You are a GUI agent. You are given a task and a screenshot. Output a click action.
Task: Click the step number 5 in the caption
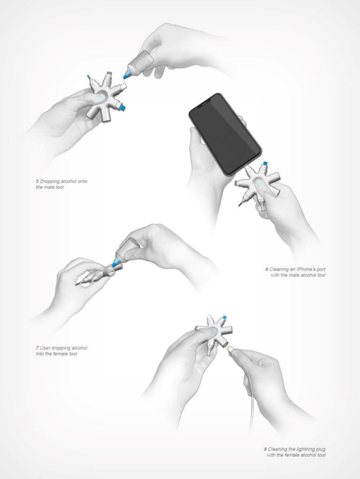click(x=37, y=181)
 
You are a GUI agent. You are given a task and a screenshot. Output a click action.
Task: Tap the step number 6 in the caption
click(x=266, y=269)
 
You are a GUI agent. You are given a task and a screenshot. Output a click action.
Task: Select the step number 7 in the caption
click(x=37, y=348)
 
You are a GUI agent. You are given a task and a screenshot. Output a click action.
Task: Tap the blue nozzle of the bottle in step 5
click(x=126, y=75)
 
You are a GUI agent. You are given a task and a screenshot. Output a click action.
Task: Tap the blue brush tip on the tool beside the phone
click(x=265, y=163)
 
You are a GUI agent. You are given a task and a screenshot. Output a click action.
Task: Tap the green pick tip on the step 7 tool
click(x=77, y=285)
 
